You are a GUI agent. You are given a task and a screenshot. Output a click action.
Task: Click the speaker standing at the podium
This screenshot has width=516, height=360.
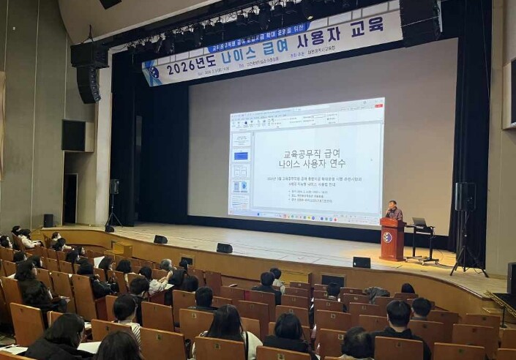394,211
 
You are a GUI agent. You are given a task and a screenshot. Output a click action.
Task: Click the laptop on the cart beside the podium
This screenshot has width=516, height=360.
419,222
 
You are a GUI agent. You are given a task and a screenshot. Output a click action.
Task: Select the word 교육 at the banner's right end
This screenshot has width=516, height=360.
367,26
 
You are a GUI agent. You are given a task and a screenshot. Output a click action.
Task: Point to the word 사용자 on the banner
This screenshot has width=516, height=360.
319,37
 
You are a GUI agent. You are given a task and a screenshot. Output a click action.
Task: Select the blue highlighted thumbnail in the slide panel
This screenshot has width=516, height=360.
241,156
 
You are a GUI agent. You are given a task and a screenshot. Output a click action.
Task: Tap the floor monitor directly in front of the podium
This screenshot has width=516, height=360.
362,262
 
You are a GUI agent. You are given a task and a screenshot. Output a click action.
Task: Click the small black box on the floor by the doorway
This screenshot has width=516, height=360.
48,220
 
